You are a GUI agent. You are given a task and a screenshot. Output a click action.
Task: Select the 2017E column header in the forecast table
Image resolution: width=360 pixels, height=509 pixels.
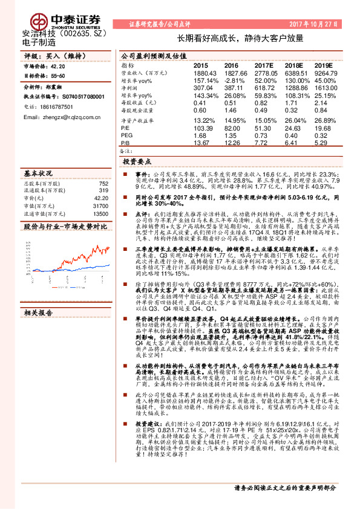click(263, 65)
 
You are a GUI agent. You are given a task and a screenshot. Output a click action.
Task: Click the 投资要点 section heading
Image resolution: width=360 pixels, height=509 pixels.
click(137, 163)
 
